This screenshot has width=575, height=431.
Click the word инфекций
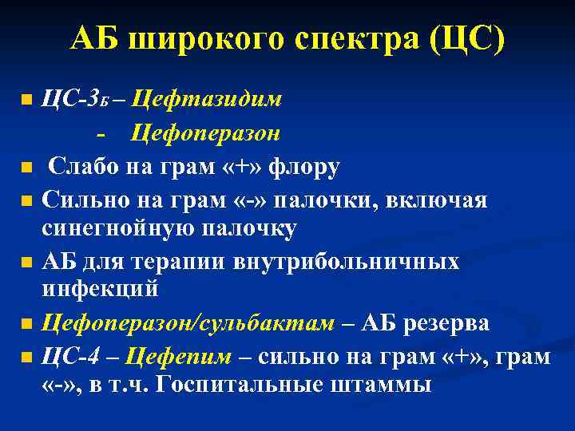pyautogui.click(x=100, y=290)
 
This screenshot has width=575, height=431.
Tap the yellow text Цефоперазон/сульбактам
pyautogui.click(x=189, y=324)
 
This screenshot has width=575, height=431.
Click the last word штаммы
pyautogui.click(x=385, y=385)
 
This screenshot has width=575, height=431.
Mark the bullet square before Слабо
pyautogui.click(x=26, y=168)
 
